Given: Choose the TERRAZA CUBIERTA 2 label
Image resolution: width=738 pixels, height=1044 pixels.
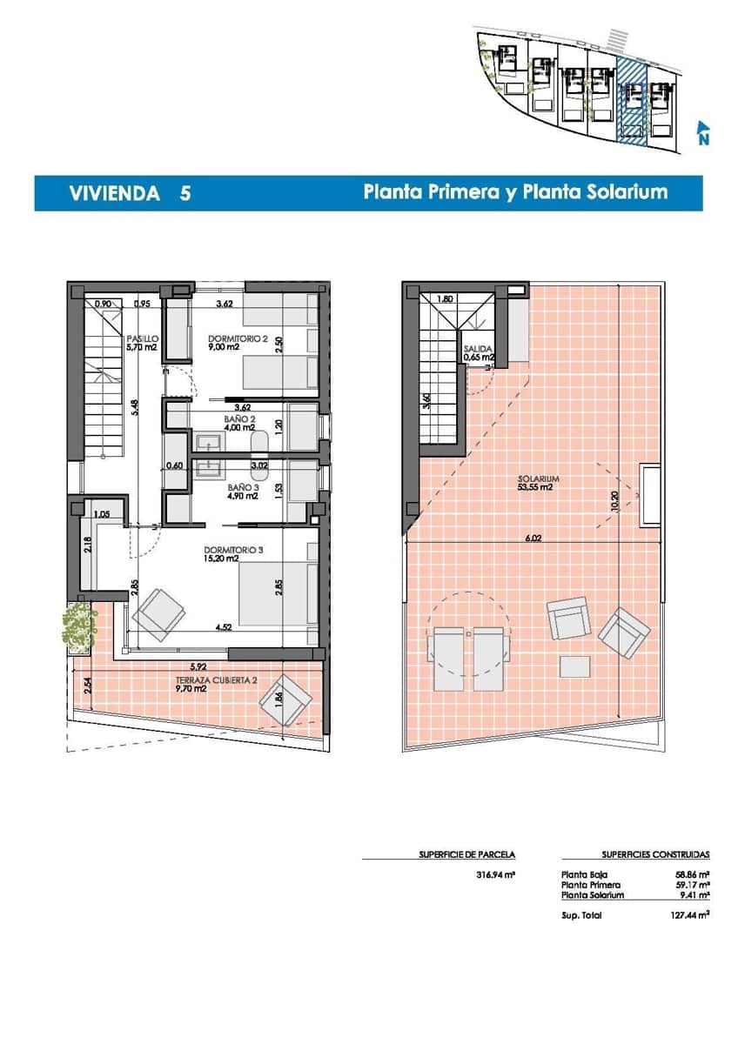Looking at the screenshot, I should pyautogui.click(x=205, y=683).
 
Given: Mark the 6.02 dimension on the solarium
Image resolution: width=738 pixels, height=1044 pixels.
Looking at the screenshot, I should pyautogui.click(x=533, y=539).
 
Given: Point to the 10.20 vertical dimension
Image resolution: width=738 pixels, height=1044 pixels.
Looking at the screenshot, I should pyautogui.click(x=615, y=503).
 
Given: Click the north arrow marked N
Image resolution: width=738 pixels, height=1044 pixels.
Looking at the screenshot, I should pyautogui.click(x=702, y=133).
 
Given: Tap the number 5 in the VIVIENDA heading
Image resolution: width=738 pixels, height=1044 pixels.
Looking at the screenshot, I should pyautogui.click(x=185, y=193).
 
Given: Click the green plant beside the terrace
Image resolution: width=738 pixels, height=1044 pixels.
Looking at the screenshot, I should pyautogui.click(x=79, y=626).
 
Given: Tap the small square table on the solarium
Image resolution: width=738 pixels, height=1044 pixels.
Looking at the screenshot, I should pyautogui.click(x=574, y=666).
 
